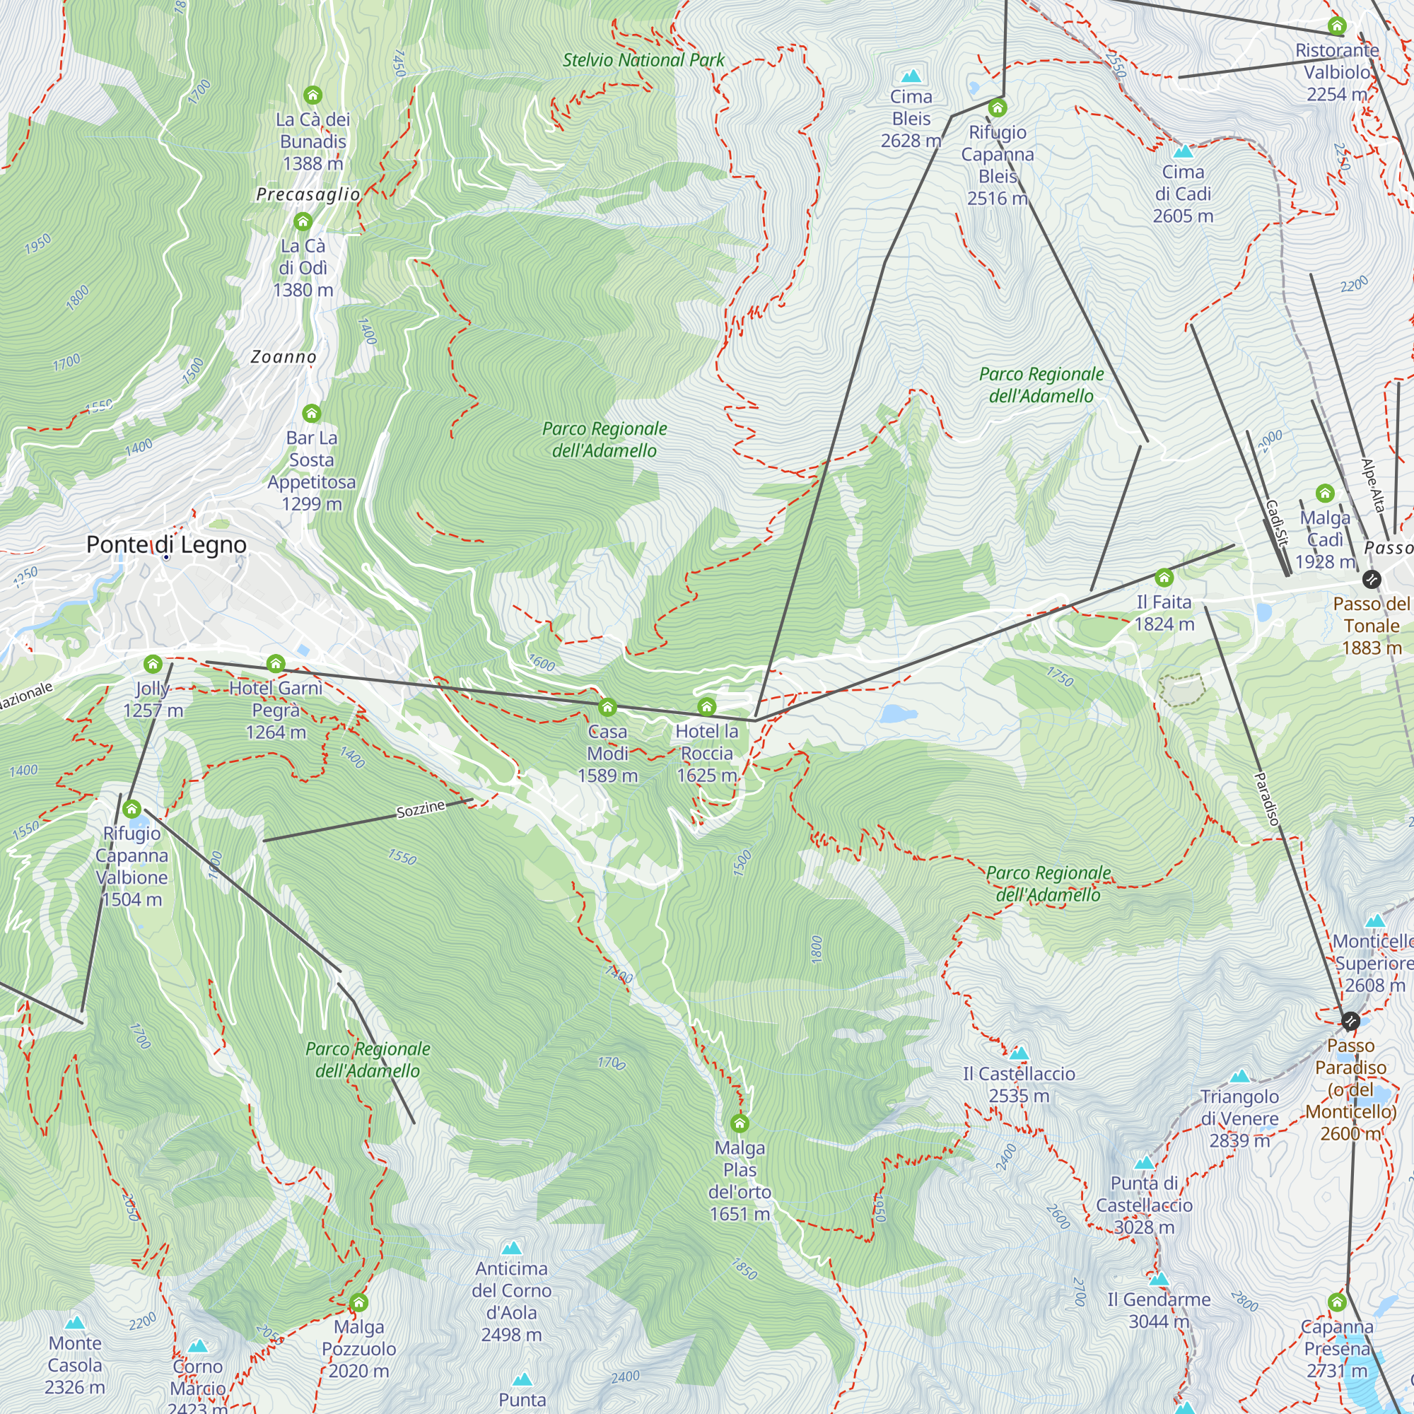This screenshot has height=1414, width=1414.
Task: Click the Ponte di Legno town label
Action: (x=166, y=544)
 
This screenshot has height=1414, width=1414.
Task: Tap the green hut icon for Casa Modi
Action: (x=607, y=708)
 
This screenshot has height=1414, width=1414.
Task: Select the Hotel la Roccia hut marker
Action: (x=706, y=707)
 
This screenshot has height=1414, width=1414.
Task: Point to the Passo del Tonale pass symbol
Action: (x=1372, y=580)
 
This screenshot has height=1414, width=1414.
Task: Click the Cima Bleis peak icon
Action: (x=911, y=76)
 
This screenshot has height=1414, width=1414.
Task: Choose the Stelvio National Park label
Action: (x=643, y=60)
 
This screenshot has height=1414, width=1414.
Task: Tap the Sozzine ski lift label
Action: (x=421, y=810)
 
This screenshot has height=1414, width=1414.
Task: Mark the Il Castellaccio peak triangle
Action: (x=1019, y=1054)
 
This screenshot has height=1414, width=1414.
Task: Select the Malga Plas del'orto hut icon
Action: (x=740, y=1123)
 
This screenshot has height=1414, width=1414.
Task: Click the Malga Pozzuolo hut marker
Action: (x=358, y=1303)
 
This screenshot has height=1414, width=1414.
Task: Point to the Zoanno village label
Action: (x=284, y=357)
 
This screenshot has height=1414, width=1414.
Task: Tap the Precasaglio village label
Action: (x=308, y=194)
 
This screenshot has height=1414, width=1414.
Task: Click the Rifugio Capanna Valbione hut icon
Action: (x=132, y=810)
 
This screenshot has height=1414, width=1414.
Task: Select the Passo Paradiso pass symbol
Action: (x=1350, y=1021)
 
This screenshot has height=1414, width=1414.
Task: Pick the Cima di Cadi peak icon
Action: (x=1183, y=152)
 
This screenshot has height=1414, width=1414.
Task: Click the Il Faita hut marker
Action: (x=1164, y=578)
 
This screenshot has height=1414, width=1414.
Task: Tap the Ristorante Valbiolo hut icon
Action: (x=1337, y=26)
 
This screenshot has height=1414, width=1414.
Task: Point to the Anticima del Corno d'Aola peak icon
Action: (x=512, y=1248)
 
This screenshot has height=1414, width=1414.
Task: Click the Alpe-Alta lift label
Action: (x=1373, y=484)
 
